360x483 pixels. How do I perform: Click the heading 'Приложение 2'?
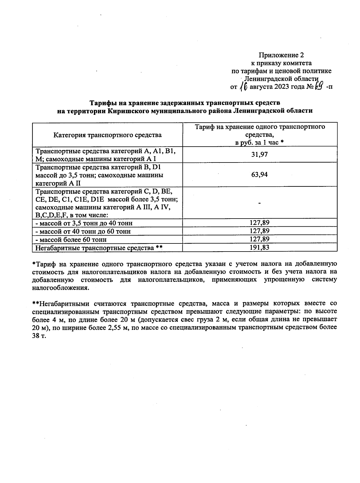[281, 55]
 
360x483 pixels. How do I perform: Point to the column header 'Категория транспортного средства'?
[107, 135]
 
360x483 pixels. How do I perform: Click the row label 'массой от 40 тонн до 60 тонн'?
[83, 231]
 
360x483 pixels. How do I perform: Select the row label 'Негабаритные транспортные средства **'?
[99, 248]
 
